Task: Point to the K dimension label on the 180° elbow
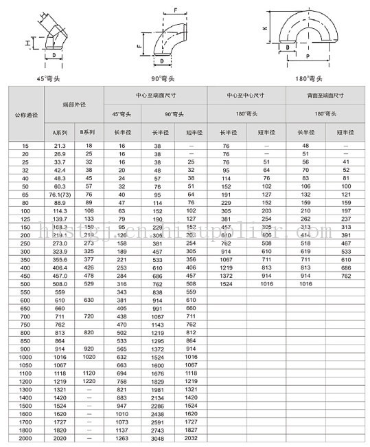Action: (x=264, y=28)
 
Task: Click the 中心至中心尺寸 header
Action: (x=245, y=94)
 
